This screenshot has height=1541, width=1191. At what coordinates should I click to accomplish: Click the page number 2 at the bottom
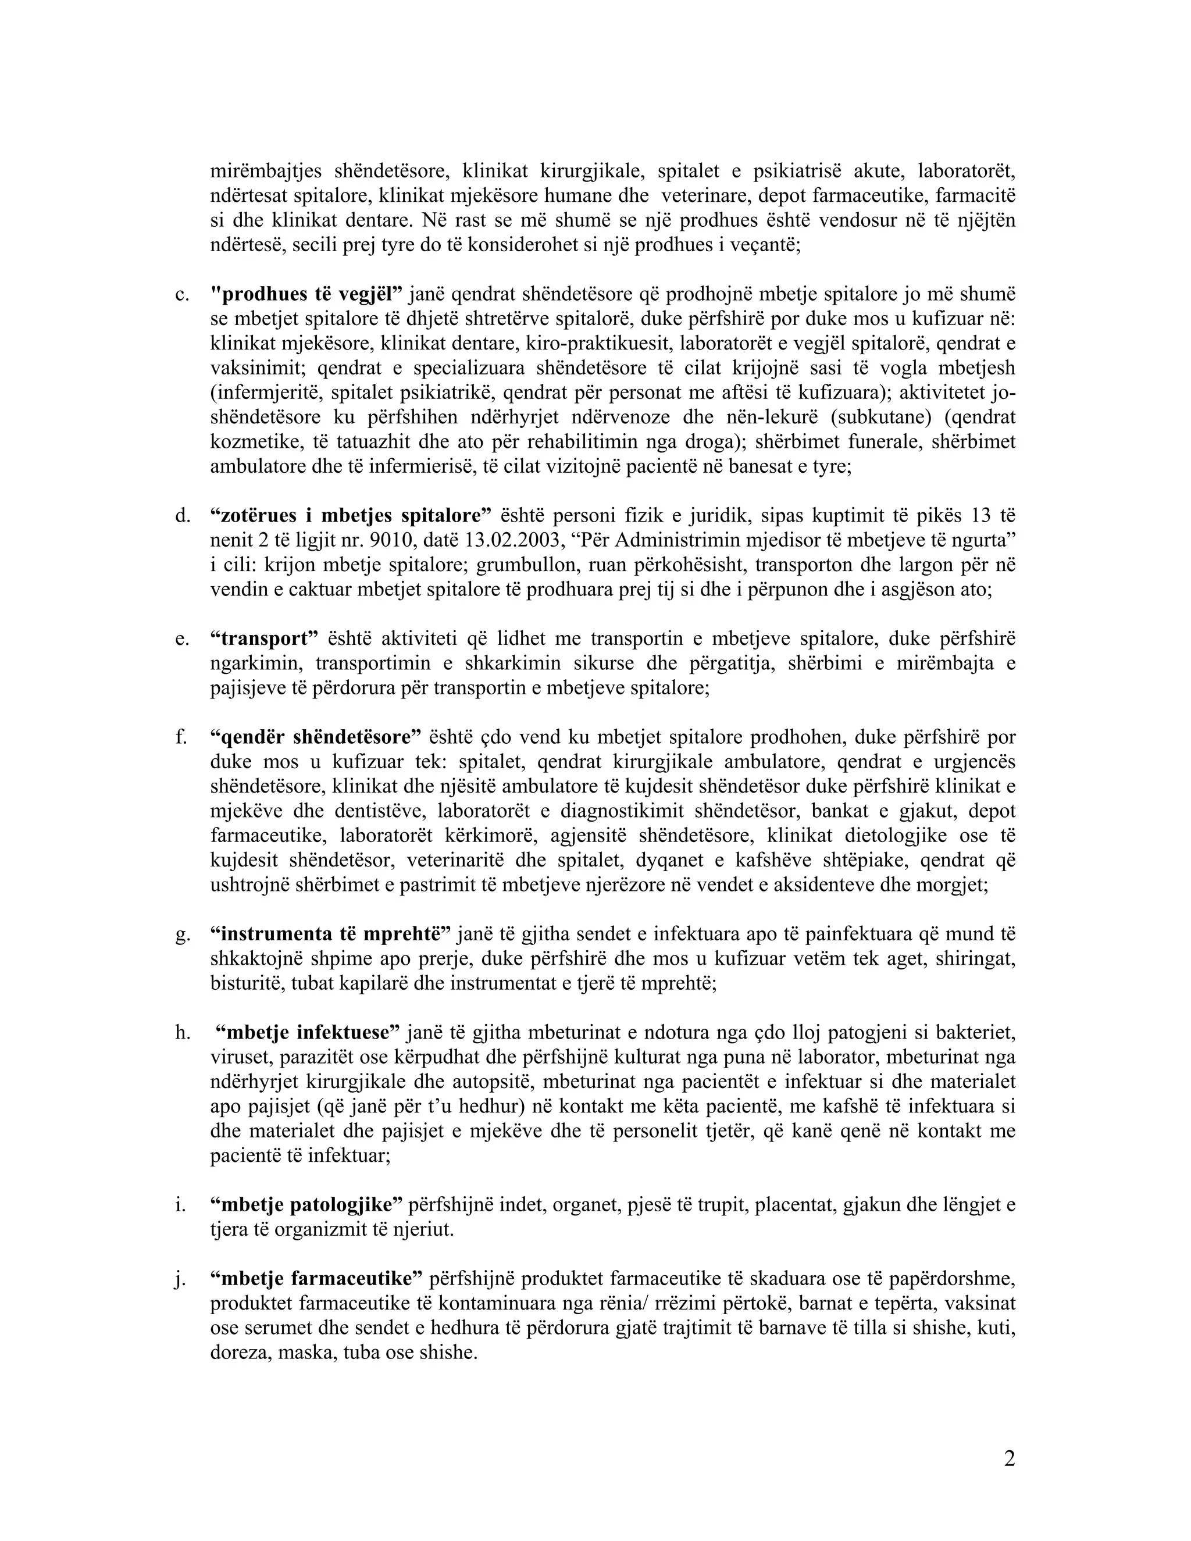pos(1009,1458)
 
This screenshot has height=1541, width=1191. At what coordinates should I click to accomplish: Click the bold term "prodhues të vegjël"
pos(307,294)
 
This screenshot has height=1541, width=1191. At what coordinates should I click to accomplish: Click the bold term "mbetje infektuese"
pos(308,1033)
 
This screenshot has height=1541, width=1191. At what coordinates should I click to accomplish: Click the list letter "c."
pos(182,295)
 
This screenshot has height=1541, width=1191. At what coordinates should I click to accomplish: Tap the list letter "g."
pos(182,935)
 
